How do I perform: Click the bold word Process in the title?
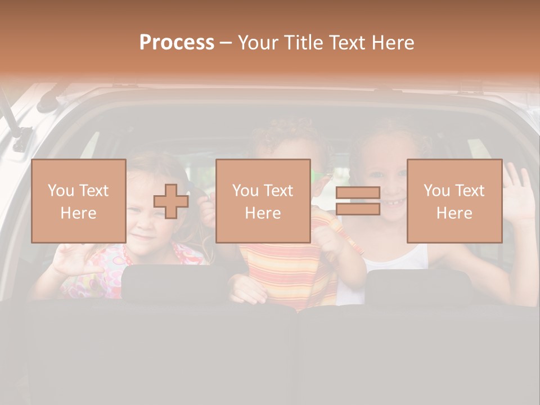[177, 43]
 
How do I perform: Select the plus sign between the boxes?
[171, 201]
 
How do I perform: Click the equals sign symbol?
[358, 201]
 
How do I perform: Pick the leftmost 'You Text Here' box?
[78, 201]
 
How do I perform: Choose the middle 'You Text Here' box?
[263, 201]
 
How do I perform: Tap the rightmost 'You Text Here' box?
[454, 201]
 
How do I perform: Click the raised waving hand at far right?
[519, 191]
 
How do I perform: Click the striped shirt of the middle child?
[287, 270]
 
